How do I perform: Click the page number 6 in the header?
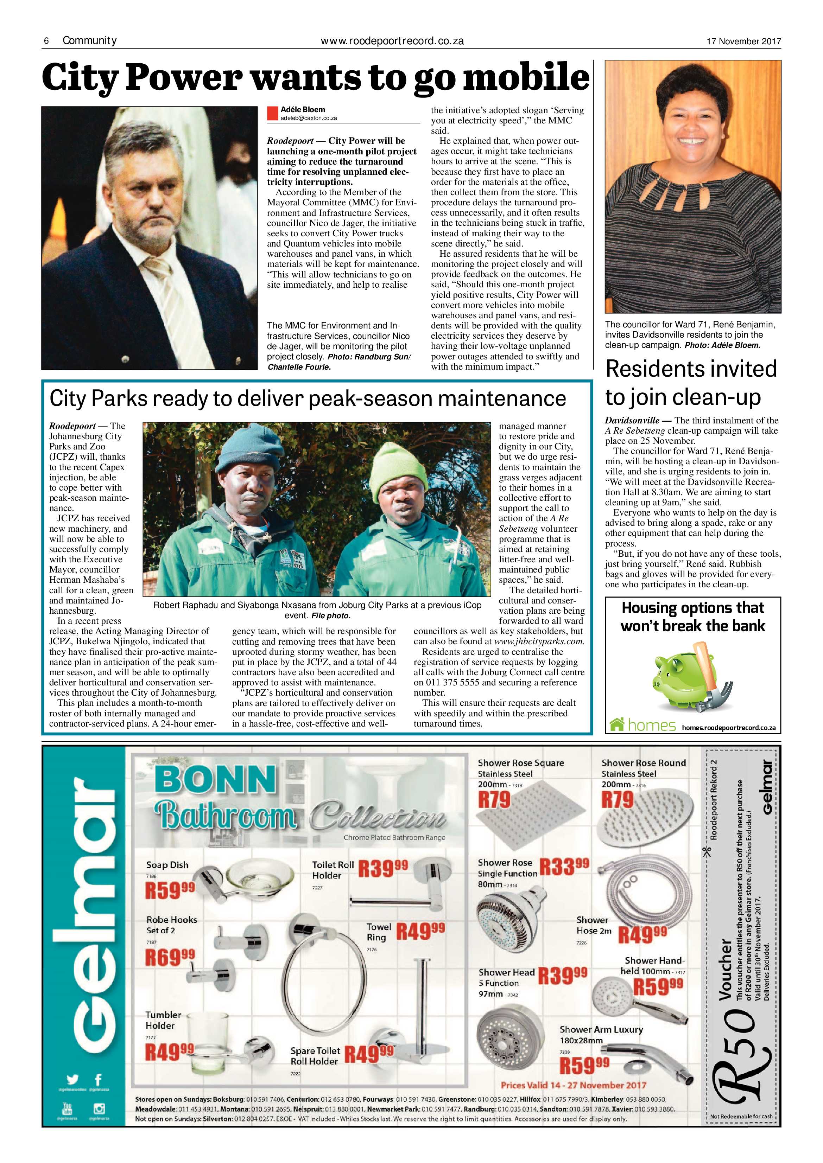click(x=46, y=41)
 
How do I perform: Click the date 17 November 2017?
click(x=743, y=41)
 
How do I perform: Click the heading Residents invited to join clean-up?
click(x=691, y=382)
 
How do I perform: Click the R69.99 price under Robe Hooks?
click(x=170, y=957)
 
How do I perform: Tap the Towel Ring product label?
click(x=379, y=932)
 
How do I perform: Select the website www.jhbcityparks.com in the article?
click(x=539, y=641)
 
